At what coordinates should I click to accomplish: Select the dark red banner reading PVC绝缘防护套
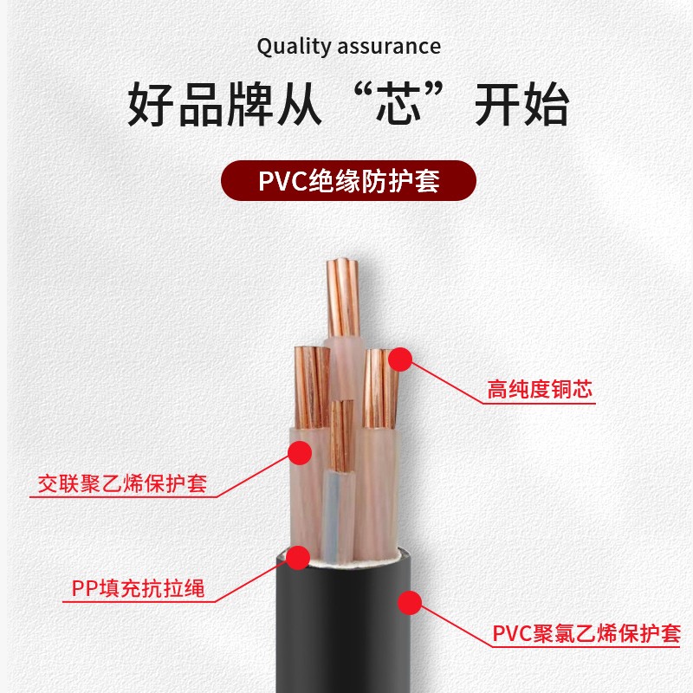click(348, 182)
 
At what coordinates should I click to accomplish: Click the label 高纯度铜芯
click(540, 390)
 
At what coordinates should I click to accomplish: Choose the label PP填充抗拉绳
click(139, 591)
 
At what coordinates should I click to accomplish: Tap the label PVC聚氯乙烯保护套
click(586, 634)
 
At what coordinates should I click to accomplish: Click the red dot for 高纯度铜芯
click(399, 358)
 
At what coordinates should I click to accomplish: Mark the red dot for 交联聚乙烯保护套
click(300, 451)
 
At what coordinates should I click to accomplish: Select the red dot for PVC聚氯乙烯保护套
click(410, 601)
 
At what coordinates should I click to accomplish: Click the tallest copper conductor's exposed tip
click(343, 295)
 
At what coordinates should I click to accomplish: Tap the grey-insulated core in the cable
click(336, 511)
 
